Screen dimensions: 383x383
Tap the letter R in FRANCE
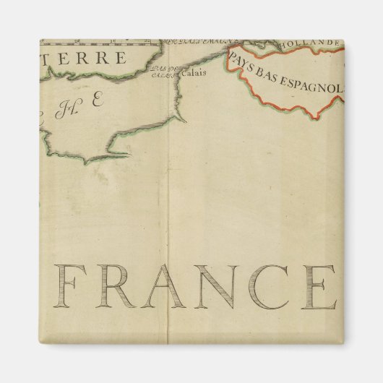tap(121, 287)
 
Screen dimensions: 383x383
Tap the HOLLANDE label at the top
tap(314, 43)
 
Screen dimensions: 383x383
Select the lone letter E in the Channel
tap(98, 102)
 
